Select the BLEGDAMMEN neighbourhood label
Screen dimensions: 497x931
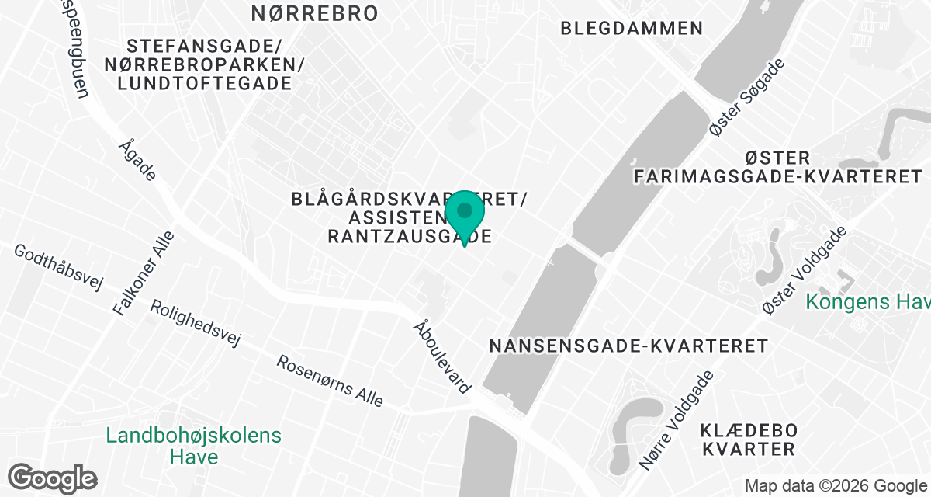point(632,29)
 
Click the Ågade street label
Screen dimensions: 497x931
point(138,160)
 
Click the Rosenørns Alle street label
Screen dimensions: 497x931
point(331,381)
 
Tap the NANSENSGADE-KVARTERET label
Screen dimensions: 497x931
point(628,346)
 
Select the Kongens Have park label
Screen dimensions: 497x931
point(867,301)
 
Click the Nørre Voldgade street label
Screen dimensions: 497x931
point(676,419)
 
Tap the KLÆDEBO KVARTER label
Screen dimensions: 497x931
point(748,439)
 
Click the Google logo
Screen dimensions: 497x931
point(53,478)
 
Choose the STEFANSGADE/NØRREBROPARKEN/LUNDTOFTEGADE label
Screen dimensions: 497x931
point(206,64)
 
